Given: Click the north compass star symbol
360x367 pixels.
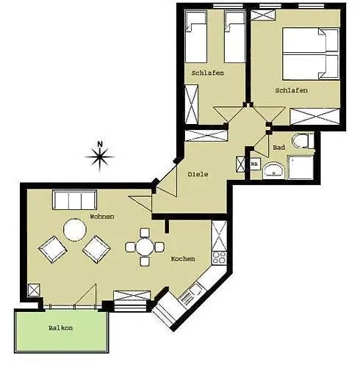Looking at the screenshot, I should point(100,155).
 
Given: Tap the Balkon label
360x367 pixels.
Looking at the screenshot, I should point(60,327).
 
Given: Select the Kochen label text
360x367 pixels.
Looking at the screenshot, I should point(182,260).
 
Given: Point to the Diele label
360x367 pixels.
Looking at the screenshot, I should point(198,174).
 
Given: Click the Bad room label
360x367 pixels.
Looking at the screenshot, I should point(278,148).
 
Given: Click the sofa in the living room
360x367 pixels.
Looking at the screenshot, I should point(73,200).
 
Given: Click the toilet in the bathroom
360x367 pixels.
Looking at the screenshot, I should point(302,141).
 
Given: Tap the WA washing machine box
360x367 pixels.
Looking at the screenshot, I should point(254,164).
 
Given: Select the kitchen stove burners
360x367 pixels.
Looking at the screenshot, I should point(218,257).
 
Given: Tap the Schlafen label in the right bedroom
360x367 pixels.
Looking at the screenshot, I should point(291,90).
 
